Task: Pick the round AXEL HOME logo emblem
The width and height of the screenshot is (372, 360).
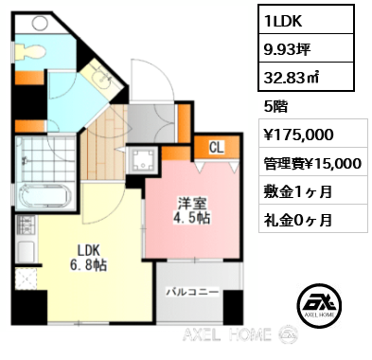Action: pos(319,304)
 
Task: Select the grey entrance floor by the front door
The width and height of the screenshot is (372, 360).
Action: pos(147,120)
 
